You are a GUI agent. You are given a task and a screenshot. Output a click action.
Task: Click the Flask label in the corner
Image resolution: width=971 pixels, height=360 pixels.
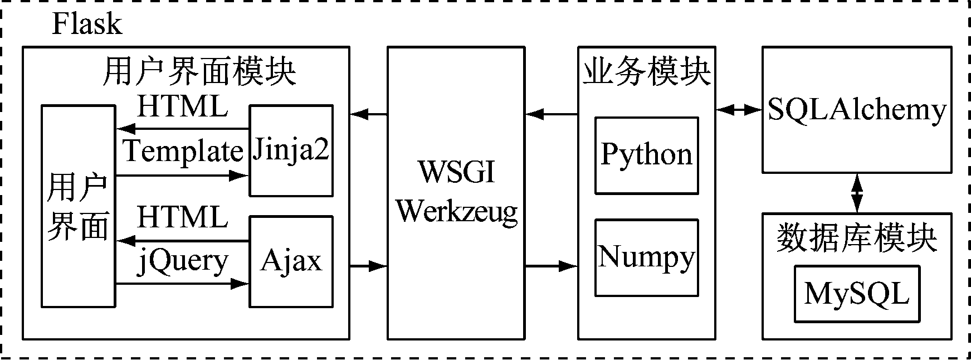tap(86, 25)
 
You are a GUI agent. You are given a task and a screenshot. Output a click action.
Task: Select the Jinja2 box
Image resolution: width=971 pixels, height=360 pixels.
tap(291, 150)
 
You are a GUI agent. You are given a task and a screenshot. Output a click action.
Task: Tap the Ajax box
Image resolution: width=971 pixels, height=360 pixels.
tap(291, 261)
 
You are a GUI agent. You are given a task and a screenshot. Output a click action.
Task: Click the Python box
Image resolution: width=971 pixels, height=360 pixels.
tap(646, 155)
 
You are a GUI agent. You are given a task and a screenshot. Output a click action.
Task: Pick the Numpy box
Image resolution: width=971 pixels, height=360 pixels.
tap(646, 257)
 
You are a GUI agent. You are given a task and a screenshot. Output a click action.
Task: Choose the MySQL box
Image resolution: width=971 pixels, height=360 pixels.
tap(856, 294)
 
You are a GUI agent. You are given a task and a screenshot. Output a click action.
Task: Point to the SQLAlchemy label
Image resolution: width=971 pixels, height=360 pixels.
tap(856, 110)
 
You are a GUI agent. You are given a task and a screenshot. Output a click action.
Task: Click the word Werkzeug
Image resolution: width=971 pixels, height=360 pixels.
tap(456, 211)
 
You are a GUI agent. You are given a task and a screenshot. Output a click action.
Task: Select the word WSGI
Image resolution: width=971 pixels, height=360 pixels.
tap(456, 172)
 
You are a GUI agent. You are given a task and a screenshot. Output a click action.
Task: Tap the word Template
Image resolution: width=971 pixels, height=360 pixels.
tap(183, 152)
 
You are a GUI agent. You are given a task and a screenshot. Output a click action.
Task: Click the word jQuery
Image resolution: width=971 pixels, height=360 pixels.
tap(183, 261)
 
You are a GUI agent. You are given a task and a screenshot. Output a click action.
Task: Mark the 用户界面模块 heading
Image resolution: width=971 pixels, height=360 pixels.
tap(199, 73)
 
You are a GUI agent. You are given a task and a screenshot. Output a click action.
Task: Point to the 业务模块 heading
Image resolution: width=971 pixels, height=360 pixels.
tap(646, 73)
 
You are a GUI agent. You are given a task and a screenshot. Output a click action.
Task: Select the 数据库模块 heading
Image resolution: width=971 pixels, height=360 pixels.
tap(856, 239)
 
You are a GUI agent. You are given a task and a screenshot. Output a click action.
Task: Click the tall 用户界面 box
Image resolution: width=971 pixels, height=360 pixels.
tap(78, 206)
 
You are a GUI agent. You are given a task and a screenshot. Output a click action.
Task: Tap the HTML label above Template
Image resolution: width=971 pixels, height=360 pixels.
tap(183, 107)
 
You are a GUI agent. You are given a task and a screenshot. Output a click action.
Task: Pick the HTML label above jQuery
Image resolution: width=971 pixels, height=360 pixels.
tap(183, 217)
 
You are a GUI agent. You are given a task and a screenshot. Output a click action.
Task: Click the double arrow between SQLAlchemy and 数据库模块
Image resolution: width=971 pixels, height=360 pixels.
tap(856, 193)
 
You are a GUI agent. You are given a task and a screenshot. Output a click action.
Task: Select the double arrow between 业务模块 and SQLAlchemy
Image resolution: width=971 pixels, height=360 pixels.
tap(739, 110)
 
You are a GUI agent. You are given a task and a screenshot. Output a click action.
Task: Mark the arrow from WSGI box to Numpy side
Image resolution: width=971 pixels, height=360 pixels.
tap(551, 266)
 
